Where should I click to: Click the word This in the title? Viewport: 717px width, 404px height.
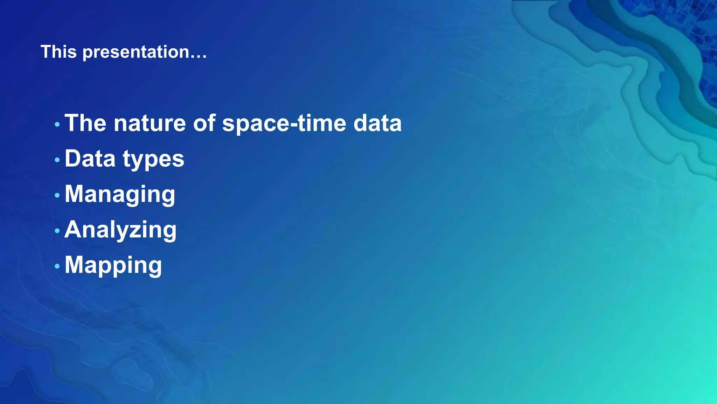[58, 52]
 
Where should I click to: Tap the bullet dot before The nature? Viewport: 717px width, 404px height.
[57, 124]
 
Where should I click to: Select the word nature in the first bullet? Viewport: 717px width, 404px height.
[149, 123]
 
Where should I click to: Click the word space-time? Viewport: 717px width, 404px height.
[284, 124]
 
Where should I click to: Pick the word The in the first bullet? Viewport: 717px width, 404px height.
[85, 123]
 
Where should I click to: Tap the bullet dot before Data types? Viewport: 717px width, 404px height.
[57, 160]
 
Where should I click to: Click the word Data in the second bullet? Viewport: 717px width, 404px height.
[90, 159]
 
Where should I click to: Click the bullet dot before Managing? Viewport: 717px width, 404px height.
[57, 195]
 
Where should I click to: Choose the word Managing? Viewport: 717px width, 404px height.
[120, 195]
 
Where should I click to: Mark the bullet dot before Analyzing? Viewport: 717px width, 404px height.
[57, 231]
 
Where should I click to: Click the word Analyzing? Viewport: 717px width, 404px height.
[120, 230]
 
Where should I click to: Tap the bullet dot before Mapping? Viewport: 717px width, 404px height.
[57, 266]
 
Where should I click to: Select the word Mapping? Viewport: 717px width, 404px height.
[113, 265]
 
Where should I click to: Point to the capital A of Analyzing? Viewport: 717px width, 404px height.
[73, 229]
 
